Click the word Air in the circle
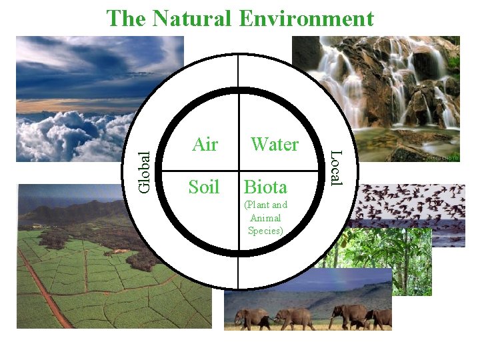[205, 145]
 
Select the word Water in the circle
[274, 145]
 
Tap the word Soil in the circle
[203, 187]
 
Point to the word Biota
[265, 187]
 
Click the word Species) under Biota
[265, 231]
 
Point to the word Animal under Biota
[265, 218]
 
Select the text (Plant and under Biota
[265, 205]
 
